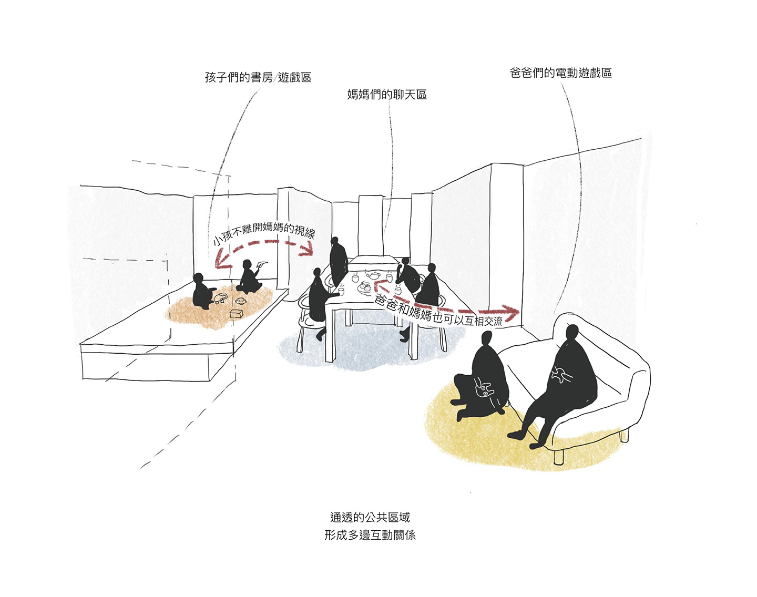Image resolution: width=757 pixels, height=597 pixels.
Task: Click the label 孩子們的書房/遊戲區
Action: point(258,77)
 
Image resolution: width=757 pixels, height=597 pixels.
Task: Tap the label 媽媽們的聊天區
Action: point(387,94)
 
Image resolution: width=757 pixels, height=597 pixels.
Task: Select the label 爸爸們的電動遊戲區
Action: point(561,73)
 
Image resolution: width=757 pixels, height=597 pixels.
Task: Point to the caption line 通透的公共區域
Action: point(370,517)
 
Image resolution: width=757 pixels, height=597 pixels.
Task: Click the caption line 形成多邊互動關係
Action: point(370,535)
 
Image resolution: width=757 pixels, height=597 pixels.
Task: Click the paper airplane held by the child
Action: point(262,264)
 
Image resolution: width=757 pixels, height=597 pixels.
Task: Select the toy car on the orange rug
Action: point(221,298)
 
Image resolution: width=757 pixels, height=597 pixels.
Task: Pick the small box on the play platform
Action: point(237,313)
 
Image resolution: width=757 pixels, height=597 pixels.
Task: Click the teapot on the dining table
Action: point(373,275)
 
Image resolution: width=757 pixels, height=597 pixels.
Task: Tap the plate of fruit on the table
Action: point(364,288)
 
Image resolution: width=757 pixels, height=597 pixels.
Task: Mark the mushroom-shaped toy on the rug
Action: point(241,301)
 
